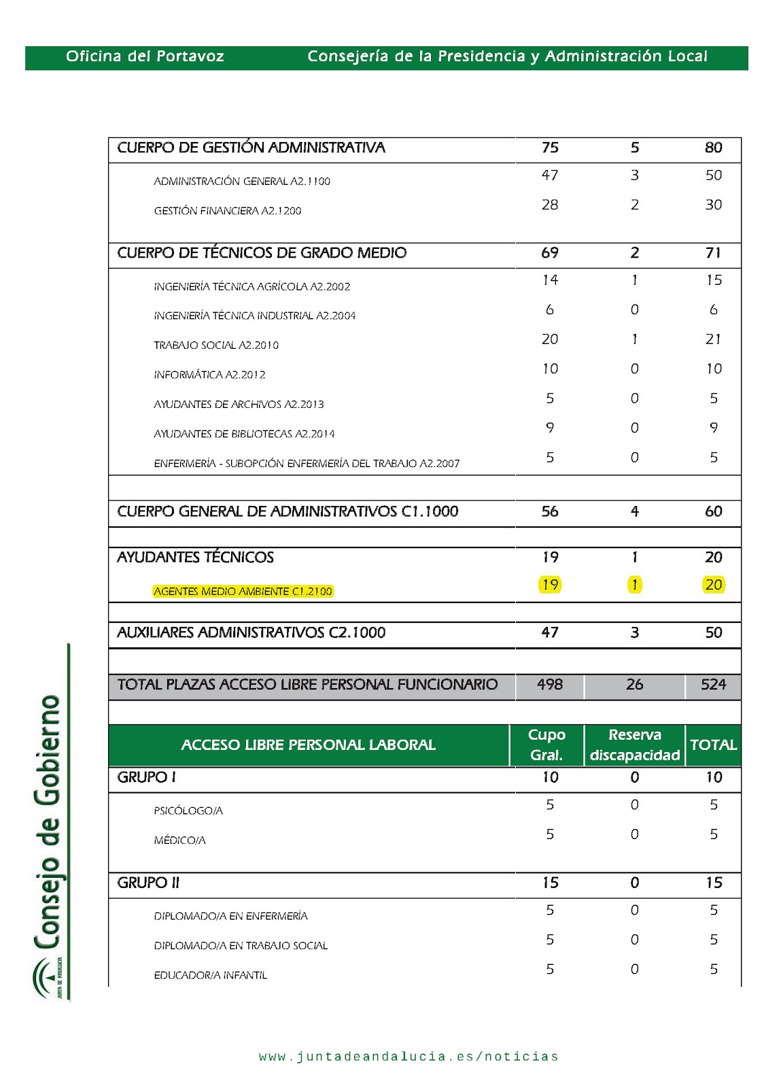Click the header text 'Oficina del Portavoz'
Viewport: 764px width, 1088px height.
[x=145, y=56]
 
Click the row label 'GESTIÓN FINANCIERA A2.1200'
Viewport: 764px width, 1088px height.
[x=227, y=211]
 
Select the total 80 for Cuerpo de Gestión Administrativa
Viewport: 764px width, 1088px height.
[x=713, y=148]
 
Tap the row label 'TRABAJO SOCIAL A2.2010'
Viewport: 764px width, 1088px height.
[x=216, y=345]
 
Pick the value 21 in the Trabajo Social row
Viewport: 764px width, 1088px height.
[x=713, y=339]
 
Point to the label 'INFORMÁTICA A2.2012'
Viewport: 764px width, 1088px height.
[x=209, y=375]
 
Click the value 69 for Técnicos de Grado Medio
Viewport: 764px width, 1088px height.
[x=549, y=253]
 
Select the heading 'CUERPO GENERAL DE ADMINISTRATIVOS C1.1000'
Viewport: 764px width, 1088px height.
[x=288, y=511]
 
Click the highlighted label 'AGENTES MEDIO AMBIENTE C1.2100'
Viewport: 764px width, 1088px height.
[x=243, y=592]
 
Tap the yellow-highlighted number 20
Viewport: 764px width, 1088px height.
[x=713, y=585]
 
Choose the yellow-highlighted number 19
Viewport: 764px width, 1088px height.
[x=549, y=585]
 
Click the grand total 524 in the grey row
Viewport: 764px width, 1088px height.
[x=713, y=685]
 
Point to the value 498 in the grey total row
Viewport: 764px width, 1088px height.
[x=549, y=685]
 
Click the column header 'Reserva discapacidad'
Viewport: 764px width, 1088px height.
[x=634, y=745]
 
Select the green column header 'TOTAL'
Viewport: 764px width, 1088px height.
[x=713, y=745]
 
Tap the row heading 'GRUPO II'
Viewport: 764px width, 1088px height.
[x=148, y=883]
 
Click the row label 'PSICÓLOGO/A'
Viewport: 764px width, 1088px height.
[x=188, y=811]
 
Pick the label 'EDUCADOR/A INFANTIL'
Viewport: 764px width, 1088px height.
[x=210, y=976]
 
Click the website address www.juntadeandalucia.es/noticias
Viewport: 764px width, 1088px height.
[x=409, y=1057]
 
